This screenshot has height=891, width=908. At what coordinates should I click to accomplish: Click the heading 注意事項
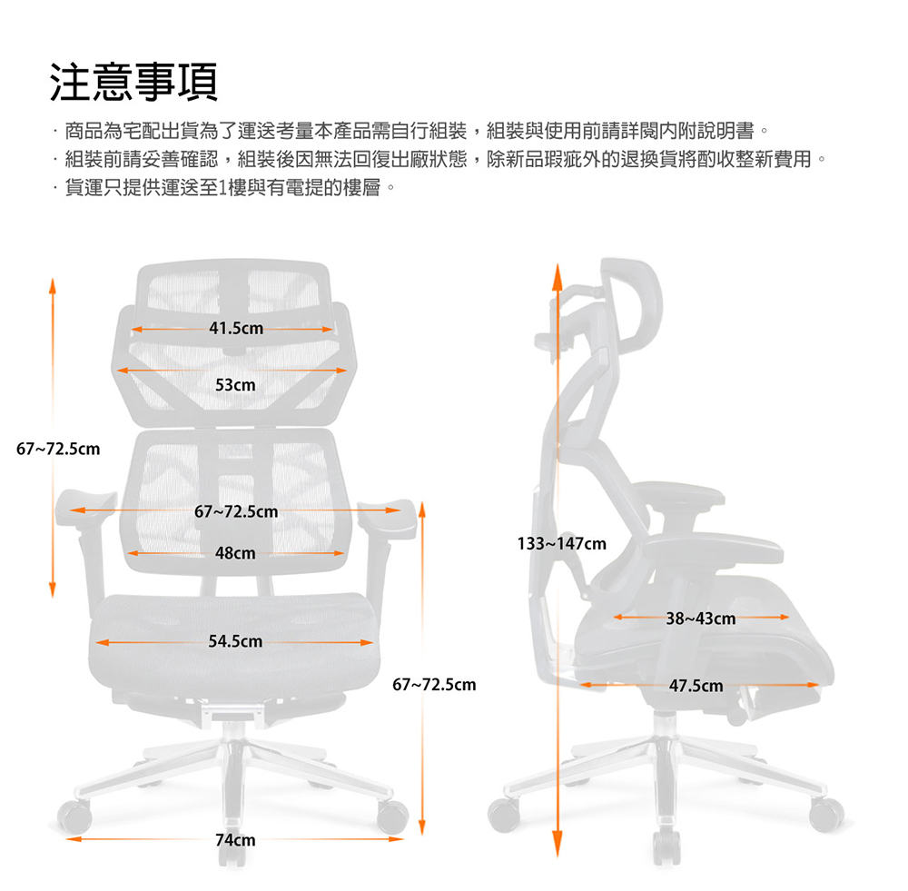pos(133,83)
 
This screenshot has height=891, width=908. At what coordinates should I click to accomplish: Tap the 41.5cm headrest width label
pos(236,329)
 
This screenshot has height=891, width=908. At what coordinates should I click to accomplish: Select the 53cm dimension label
pos(235,385)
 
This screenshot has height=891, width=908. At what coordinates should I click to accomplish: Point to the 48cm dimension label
pos(235,553)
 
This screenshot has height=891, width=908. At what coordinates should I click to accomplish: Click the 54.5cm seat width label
pos(236,641)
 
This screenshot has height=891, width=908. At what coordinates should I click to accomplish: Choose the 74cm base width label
pos(235,840)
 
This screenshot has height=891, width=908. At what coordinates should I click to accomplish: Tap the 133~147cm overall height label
pos(562,543)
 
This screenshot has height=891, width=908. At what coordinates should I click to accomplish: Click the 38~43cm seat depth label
pos(701,619)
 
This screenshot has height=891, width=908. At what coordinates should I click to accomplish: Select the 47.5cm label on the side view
pos(696,686)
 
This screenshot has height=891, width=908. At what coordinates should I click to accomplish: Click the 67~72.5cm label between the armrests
pos(236,511)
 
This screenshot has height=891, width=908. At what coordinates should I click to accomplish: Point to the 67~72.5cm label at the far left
pos(58,449)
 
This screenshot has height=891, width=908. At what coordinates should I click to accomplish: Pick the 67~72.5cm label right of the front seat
pos(434,685)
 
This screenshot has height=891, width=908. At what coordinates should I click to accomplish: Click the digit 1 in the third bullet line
pos(223,188)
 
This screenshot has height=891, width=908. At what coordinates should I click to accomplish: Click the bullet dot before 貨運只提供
pos(55,188)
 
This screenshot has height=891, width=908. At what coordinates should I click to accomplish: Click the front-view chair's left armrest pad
pos(85,508)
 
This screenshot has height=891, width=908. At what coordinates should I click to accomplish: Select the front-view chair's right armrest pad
pos(387,519)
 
